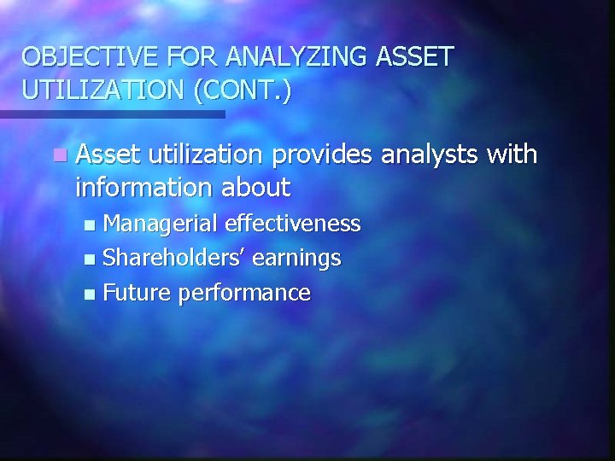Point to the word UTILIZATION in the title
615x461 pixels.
point(95,90)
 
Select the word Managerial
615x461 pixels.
point(160,225)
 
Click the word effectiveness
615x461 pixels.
point(292,225)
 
